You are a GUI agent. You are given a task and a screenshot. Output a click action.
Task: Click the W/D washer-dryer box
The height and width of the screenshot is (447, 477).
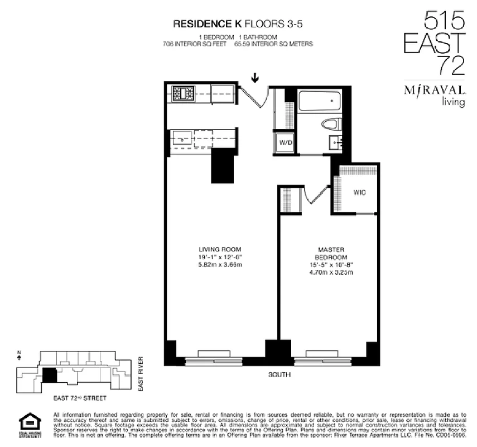[x=286, y=143]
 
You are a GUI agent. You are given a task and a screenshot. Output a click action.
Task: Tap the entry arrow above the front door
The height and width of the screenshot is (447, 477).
[x=256, y=78]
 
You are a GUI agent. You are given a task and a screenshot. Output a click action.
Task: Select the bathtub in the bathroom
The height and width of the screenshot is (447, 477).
[x=320, y=102]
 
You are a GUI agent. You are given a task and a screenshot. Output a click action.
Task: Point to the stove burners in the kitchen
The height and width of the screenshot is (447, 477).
[x=182, y=93]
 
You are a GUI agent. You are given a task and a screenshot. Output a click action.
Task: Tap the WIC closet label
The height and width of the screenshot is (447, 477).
[x=359, y=193]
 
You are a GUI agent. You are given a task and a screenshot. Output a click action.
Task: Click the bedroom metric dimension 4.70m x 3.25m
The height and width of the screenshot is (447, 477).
[x=333, y=273]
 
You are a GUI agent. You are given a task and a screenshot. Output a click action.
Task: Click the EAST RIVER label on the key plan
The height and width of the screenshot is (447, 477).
[x=141, y=373]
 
